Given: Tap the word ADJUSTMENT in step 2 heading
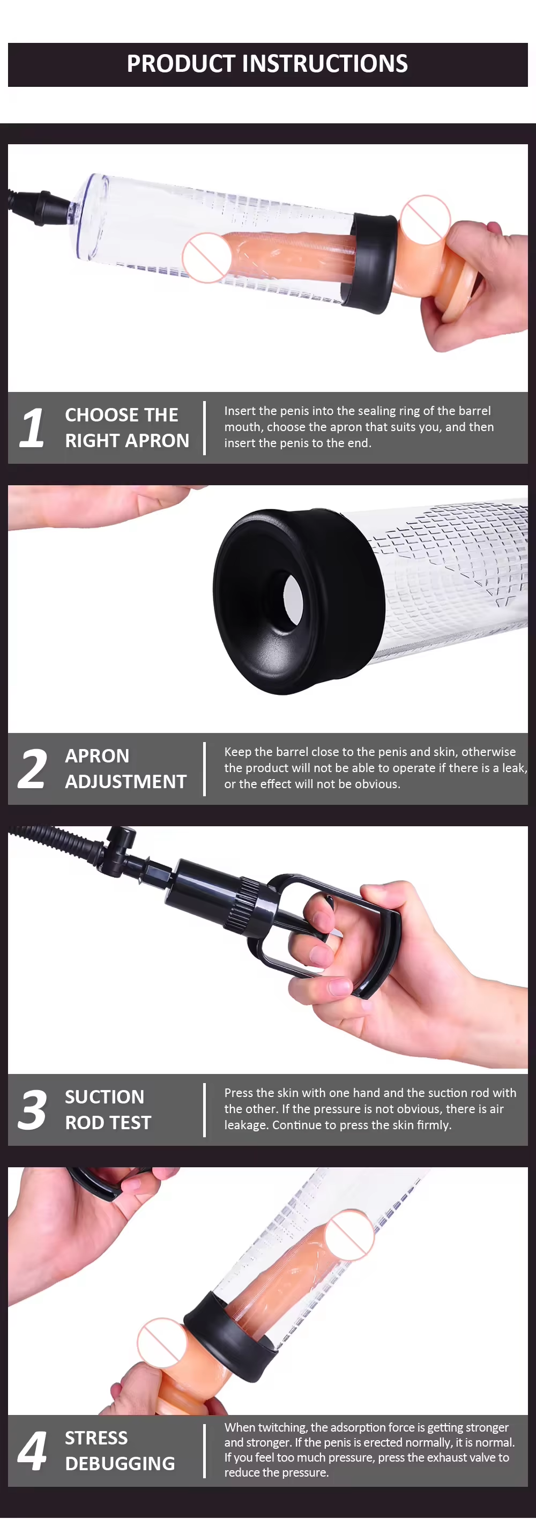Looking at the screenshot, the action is [x=125, y=782].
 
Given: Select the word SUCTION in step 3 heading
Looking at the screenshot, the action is [x=105, y=1097].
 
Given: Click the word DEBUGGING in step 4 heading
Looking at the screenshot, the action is [x=120, y=1464].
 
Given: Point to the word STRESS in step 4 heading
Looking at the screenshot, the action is [x=96, y=1438].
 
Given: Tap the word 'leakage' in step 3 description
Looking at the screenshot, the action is [x=246, y=1125].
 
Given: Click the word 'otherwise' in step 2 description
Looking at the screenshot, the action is [x=488, y=752].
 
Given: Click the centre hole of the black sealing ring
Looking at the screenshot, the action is [x=293, y=596].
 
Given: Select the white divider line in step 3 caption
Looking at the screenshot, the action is [x=205, y=1110].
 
